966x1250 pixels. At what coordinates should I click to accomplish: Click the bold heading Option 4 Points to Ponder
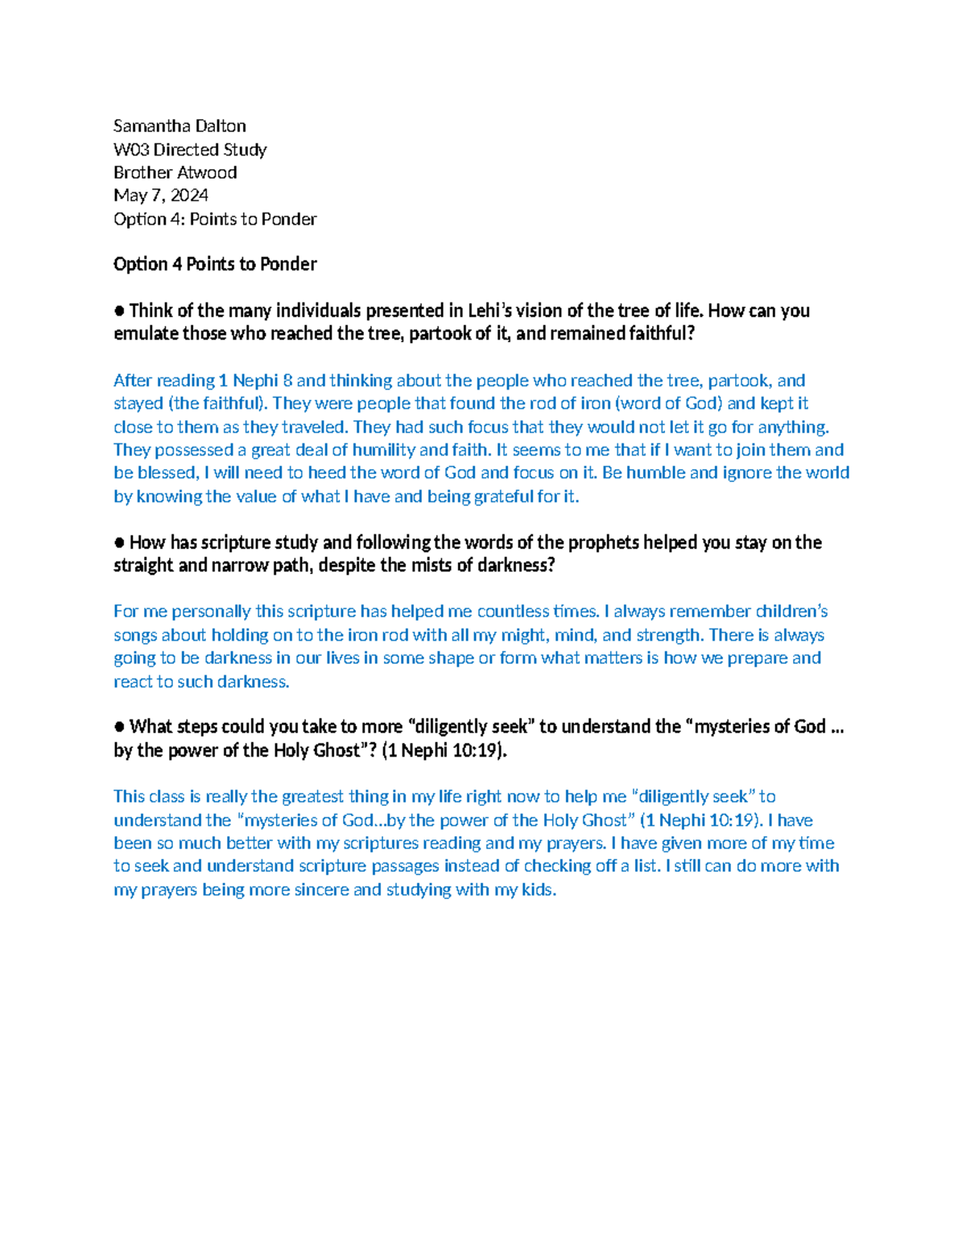tap(215, 264)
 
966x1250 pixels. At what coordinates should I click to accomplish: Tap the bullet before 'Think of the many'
tap(119, 311)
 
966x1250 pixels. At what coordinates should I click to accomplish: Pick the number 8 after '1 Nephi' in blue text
tap(287, 380)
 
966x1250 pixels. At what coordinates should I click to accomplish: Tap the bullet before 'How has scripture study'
tap(119, 542)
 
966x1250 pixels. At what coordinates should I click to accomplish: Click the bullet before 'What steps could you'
tap(119, 727)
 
